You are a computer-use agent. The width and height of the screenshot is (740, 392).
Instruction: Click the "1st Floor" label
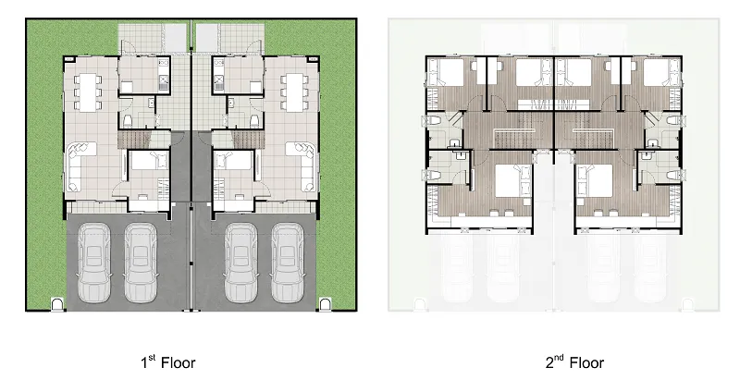[x=168, y=361]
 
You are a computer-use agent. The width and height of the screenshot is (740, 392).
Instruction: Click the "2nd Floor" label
[x=574, y=361]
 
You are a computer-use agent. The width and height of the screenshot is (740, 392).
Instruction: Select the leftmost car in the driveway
[x=94, y=263]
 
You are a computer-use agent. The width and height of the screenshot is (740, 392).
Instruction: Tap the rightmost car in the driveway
[x=288, y=263]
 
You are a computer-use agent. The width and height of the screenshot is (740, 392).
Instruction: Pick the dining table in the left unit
[x=87, y=92]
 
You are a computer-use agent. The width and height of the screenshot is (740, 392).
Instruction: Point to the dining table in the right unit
[x=294, y=92]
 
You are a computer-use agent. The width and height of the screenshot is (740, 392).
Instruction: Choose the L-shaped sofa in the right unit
[x=302, y=166]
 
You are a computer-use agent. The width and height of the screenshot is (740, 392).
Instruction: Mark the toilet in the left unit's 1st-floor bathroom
[x=128, y=121]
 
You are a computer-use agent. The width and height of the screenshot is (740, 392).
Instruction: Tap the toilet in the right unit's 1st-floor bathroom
[x=254, y=121]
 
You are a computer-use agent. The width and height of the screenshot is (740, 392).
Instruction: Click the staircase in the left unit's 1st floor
[x=133, y=140]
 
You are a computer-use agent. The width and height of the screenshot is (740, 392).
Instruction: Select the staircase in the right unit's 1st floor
[x=248, y=140]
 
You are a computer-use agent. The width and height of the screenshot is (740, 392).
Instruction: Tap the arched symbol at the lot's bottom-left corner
[x=57, y=304]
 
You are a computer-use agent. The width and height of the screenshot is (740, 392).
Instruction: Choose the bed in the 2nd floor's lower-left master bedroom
[x=513, y=180]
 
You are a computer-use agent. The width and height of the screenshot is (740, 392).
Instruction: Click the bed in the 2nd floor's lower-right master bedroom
[x=594, y=180]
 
